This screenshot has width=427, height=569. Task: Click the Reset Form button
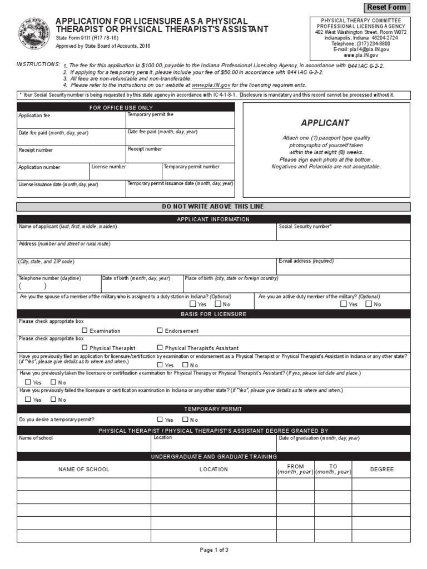pyautogui.click(x=388, y=7)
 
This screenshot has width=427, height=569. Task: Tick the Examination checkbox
pyautogui.click(x=85, y=330)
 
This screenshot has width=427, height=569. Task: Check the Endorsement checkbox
pyautogui.click(x=160, y=330)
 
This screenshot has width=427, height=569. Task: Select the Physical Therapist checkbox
pyautogui.click(x=85, y=347)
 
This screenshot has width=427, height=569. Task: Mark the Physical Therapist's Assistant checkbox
pyautogui.click(x=160, y=347)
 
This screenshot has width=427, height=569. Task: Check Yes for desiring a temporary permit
pyautogui.click(x=160, y=420)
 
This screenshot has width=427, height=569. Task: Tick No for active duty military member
pyautogui.click(x=369, y=304)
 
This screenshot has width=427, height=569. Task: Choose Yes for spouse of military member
pyautogui.click(x=193, y=304)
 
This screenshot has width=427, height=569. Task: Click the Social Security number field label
pyautogui.click(x=305, y=227)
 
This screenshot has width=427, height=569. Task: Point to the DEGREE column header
pyautogui.click(x=381, y=470)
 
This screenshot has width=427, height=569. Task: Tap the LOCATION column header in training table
pyautogui.click(x=213, y=470)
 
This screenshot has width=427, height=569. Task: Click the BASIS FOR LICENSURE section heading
pyautogui.click(x=213, y=314)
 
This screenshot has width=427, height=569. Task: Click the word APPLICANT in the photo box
pyautogui.click(x=325, y=123)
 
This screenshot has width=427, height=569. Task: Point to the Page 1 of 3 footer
pyautogui.click(x=214, y=550)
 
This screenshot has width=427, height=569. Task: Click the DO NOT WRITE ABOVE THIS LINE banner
pyautogui.click(x=213, y=207)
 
